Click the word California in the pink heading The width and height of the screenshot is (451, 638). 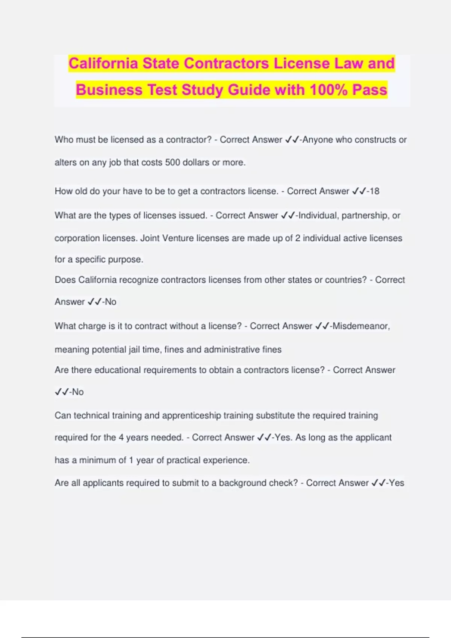(x=103, y=63)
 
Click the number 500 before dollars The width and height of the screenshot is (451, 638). (x=173, y=163)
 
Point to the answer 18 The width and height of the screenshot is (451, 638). (x=374, y=191)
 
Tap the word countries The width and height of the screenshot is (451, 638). (x=345, y=280)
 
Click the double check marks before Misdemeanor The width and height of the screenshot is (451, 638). (x=322, y=326)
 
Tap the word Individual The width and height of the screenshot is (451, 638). (x=318, y=216)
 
